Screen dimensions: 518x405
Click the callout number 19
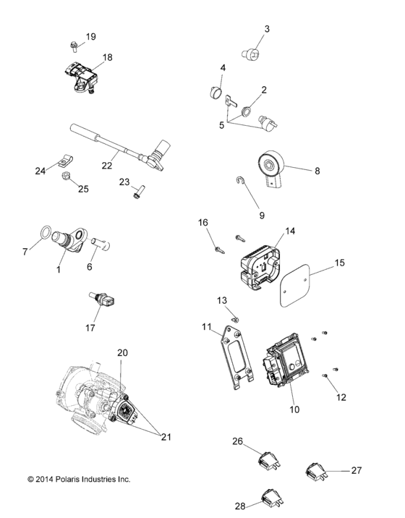coord(90,36)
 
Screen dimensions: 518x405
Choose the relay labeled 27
coord(315,472)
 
